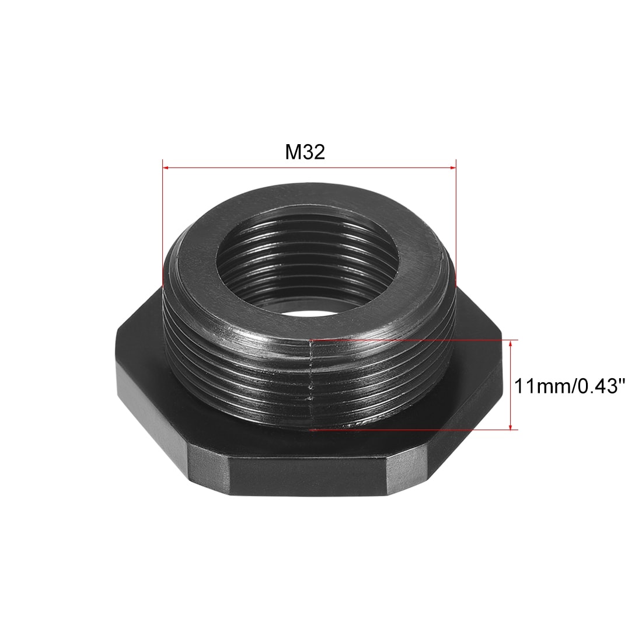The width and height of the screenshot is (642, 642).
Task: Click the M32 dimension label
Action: coord(305,152)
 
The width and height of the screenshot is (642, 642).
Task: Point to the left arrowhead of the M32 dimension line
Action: coord(165,168)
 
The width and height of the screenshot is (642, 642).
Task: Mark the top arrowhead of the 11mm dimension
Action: coord(511,343)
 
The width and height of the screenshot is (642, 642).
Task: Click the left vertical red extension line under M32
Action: coord(162,222)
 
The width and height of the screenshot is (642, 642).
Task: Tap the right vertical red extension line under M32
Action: coord(455,222)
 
